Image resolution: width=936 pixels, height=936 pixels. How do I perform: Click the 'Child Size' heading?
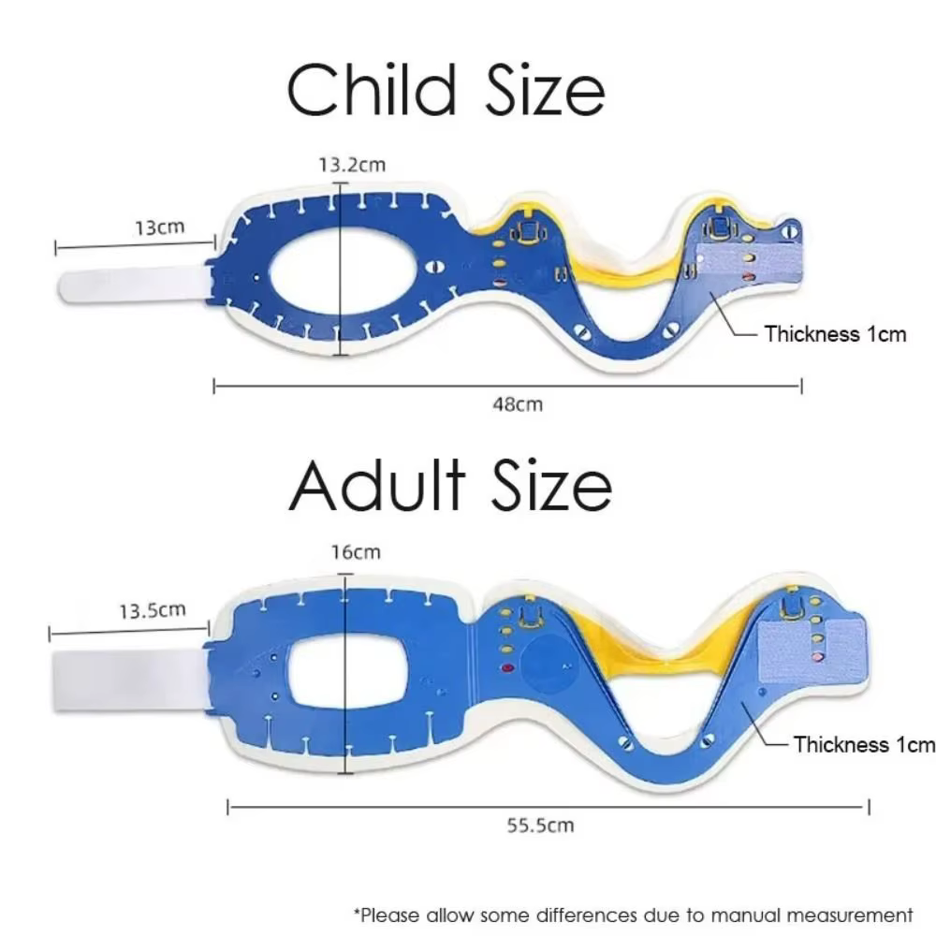(446, 90)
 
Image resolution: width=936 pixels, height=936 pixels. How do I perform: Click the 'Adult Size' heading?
(451, 484)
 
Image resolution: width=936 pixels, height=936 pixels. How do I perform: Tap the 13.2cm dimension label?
(352, 165)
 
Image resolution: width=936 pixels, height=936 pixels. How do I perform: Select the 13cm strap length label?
(159, 227)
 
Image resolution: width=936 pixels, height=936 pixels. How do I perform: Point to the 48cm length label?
(518, 404)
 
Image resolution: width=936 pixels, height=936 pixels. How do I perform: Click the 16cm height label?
(356, 552)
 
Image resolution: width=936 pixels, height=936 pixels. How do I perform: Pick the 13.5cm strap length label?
(153, 610)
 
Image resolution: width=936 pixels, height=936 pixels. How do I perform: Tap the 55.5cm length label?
(540, 826)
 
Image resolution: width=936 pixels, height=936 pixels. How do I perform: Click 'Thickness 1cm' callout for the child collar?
(835, 334)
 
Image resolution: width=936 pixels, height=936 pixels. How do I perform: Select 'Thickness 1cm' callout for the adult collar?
(864, 744)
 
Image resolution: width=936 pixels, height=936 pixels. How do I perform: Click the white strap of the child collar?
(134, 285)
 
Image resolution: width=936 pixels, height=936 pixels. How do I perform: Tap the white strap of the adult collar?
(129, 680)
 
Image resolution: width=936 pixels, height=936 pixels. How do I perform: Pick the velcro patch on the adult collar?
(812, 651)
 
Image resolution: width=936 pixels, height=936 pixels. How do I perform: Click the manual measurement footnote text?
(634, 915)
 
